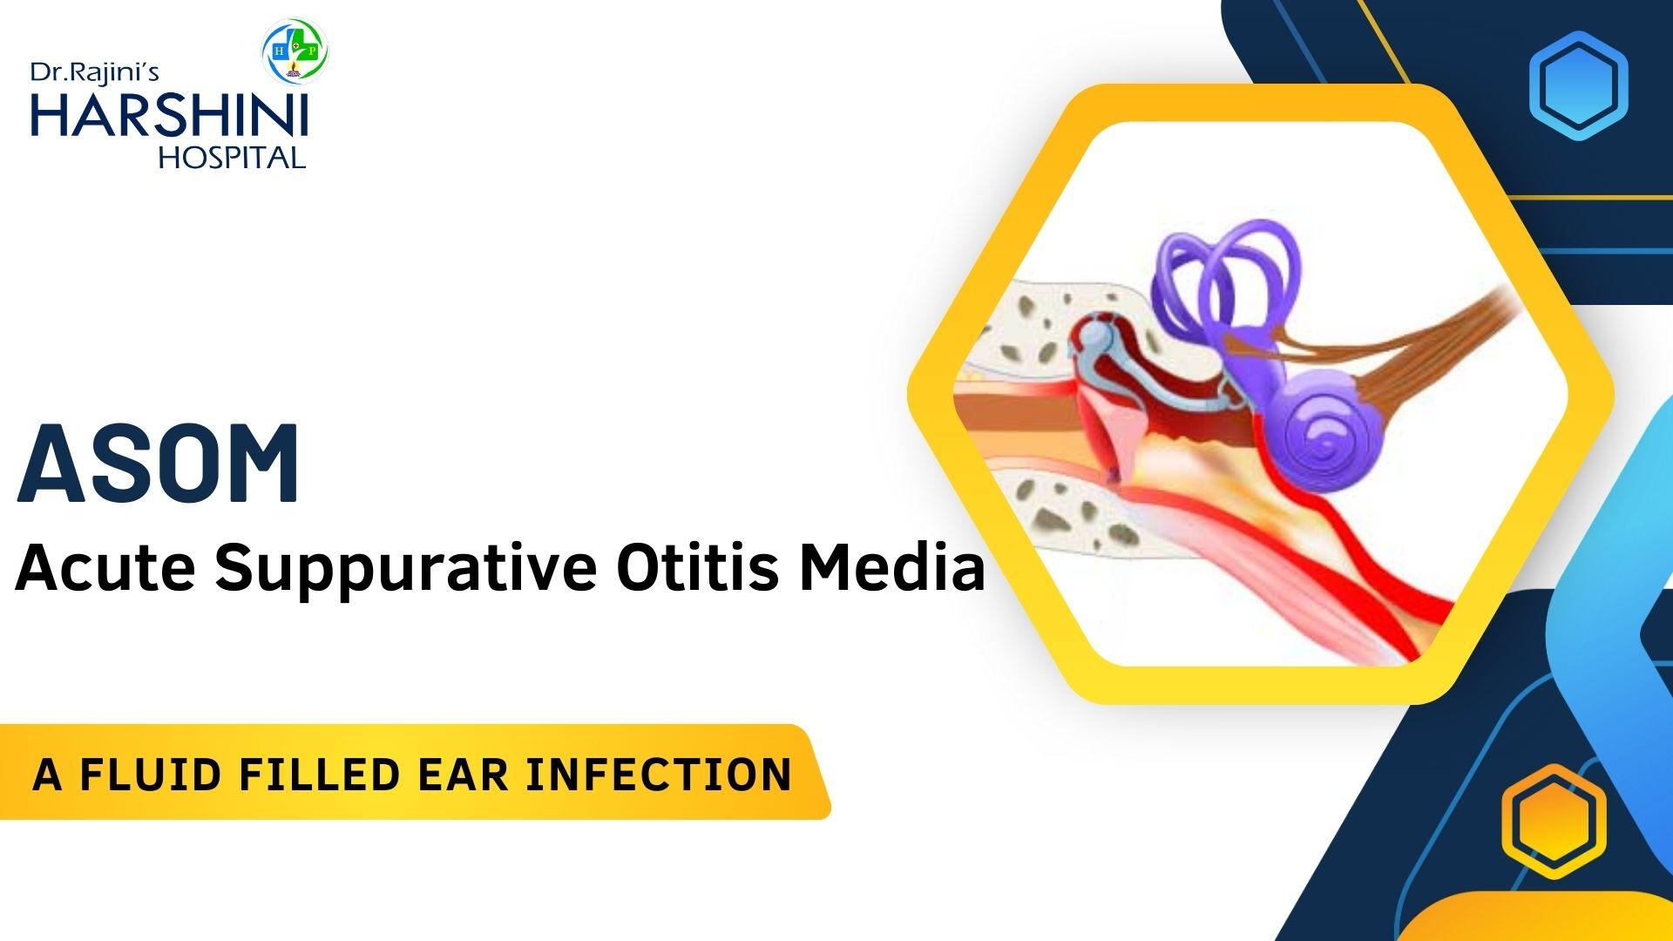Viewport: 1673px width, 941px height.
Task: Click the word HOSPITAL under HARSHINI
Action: tap(232, 157)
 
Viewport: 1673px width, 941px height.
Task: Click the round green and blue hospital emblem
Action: tap(295, 51)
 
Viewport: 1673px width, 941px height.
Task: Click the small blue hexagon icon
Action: tap(1578, 85)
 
